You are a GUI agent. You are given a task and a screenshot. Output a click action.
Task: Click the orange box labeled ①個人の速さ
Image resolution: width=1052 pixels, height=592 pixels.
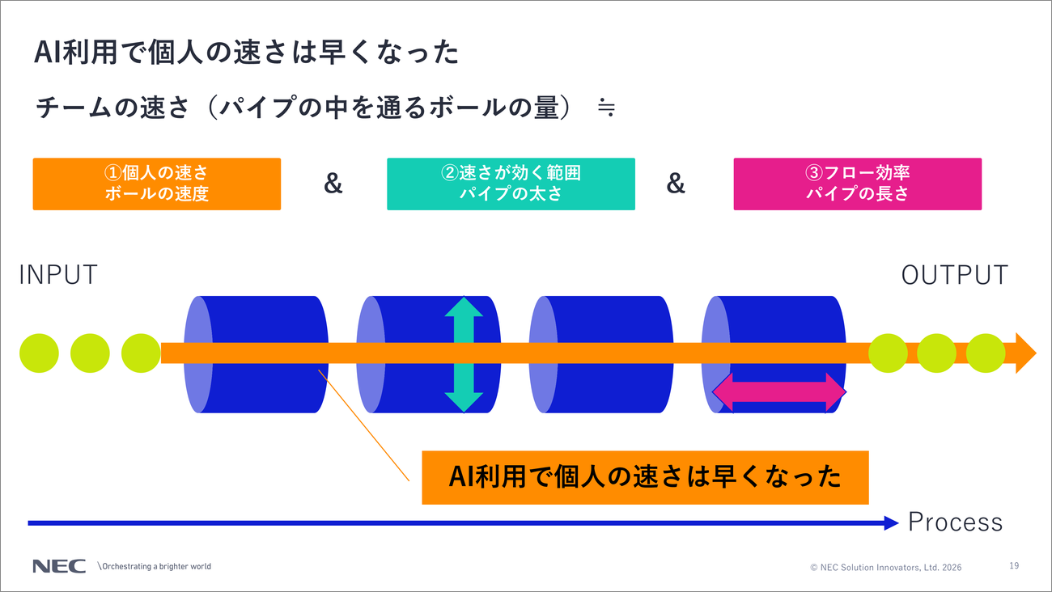coord(157,184)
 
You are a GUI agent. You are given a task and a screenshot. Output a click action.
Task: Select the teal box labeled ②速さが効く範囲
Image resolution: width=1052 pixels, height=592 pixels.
coord(511,184)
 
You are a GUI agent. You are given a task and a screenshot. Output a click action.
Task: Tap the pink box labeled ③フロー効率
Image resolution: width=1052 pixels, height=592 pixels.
coord(858,184)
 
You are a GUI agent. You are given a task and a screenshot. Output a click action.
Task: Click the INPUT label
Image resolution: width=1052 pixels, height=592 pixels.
coord(58,275)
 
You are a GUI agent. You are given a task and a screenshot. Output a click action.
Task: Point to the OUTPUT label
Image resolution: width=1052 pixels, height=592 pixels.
coord(954,275)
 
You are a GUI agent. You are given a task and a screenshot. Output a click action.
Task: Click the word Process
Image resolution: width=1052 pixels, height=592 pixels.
coord(955,522)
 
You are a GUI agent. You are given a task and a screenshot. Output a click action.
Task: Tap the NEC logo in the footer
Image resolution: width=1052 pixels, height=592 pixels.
coord(59,566)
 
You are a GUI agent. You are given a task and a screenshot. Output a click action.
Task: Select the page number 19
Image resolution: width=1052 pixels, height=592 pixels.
coord(1014,565)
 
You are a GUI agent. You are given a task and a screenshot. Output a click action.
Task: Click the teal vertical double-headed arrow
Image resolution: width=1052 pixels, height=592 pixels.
coord(464,354)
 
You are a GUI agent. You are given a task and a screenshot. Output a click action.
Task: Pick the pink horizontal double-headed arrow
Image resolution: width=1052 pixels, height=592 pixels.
coord(779,392)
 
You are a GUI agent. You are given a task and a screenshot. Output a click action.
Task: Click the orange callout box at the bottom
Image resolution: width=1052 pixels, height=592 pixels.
coord(645,478)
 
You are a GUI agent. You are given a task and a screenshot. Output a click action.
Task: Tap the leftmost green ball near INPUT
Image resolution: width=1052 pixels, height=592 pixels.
coord(39,353)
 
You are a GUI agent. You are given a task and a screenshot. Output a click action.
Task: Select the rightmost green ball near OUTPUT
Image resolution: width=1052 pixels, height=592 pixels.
coord(986,353)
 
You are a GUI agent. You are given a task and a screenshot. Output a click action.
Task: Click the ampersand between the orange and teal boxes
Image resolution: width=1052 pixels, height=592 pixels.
coord(333,183)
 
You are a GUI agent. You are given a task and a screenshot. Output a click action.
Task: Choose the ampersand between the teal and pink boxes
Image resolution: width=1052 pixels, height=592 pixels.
coord(676,183)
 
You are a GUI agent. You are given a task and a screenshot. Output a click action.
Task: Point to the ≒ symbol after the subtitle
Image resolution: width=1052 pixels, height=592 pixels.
coord(606,108)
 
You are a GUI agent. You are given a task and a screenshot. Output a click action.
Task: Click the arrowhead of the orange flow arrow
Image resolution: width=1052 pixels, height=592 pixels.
coord(1026,353)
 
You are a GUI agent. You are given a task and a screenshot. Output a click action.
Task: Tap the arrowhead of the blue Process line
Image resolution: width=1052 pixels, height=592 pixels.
coord(892,523)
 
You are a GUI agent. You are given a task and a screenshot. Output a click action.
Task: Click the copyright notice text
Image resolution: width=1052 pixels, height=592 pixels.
coord(886,567)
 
